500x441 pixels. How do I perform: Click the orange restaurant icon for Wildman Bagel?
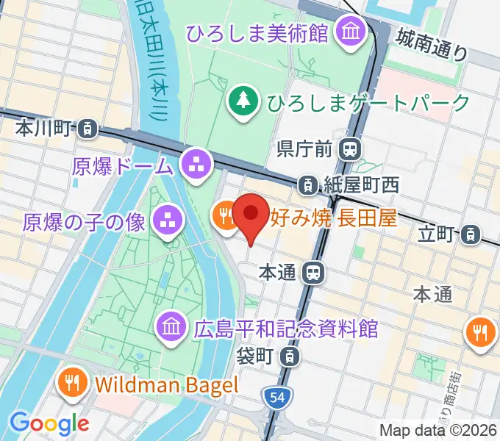73,383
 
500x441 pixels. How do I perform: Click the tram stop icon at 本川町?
87,128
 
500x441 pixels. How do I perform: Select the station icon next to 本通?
314,273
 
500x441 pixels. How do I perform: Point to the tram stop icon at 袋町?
292,357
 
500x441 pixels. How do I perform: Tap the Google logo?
49,423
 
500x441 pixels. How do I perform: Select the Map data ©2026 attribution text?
439,431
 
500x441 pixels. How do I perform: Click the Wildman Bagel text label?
168,384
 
